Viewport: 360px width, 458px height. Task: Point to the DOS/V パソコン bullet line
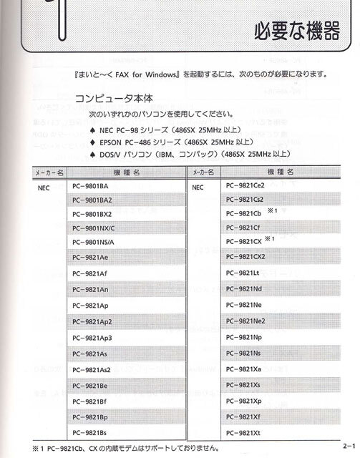[x=190, y=153]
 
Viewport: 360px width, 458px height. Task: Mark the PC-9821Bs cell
[x=90, y=434]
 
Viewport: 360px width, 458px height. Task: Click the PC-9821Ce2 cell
[x=245, y=185]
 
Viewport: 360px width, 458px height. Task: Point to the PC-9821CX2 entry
[x=245, y=256]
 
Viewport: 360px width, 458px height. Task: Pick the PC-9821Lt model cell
[x=242, y=273]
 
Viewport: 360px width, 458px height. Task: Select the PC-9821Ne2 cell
[x=245, y=321]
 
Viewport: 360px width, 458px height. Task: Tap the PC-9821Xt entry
[x=242, y=433]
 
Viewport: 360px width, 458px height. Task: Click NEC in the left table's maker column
[x=44, y=187]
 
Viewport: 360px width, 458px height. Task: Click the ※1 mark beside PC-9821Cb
[x=272, y=212]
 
